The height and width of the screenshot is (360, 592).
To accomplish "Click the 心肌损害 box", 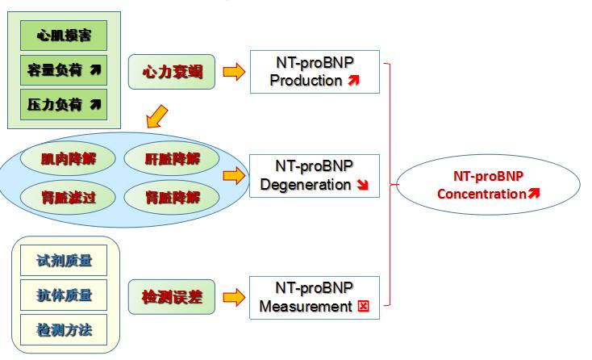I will (64, 36).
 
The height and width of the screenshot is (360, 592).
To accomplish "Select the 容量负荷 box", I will (64, 70).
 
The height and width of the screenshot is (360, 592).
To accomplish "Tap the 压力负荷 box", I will (64, 103).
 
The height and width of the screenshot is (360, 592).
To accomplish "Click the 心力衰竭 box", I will (172, 73).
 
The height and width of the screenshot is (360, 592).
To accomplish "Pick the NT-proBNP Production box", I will (315, 72).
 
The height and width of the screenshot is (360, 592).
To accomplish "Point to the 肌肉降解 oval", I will (69, 158).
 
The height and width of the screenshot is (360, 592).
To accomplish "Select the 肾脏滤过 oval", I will (69, 196).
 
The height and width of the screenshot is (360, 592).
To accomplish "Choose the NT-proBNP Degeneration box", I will (315, 176).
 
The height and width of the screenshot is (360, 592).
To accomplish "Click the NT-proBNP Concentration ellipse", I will (488, 185).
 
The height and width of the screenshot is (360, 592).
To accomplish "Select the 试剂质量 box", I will (65, 260).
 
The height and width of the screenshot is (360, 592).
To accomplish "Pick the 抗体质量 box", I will (65, 295).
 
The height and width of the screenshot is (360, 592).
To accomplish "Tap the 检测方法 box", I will (65, 329).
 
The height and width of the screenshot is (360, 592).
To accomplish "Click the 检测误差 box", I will (172, 298).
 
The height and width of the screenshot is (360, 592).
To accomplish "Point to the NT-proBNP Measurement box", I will (315, 297).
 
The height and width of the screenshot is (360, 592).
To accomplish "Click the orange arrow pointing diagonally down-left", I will (157, 117).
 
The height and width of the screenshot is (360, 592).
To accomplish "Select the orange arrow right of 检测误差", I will (233, 298).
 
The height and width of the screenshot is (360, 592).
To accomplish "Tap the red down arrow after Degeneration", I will (362, 185).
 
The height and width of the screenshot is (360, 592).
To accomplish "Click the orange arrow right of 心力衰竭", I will (233, 73).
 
